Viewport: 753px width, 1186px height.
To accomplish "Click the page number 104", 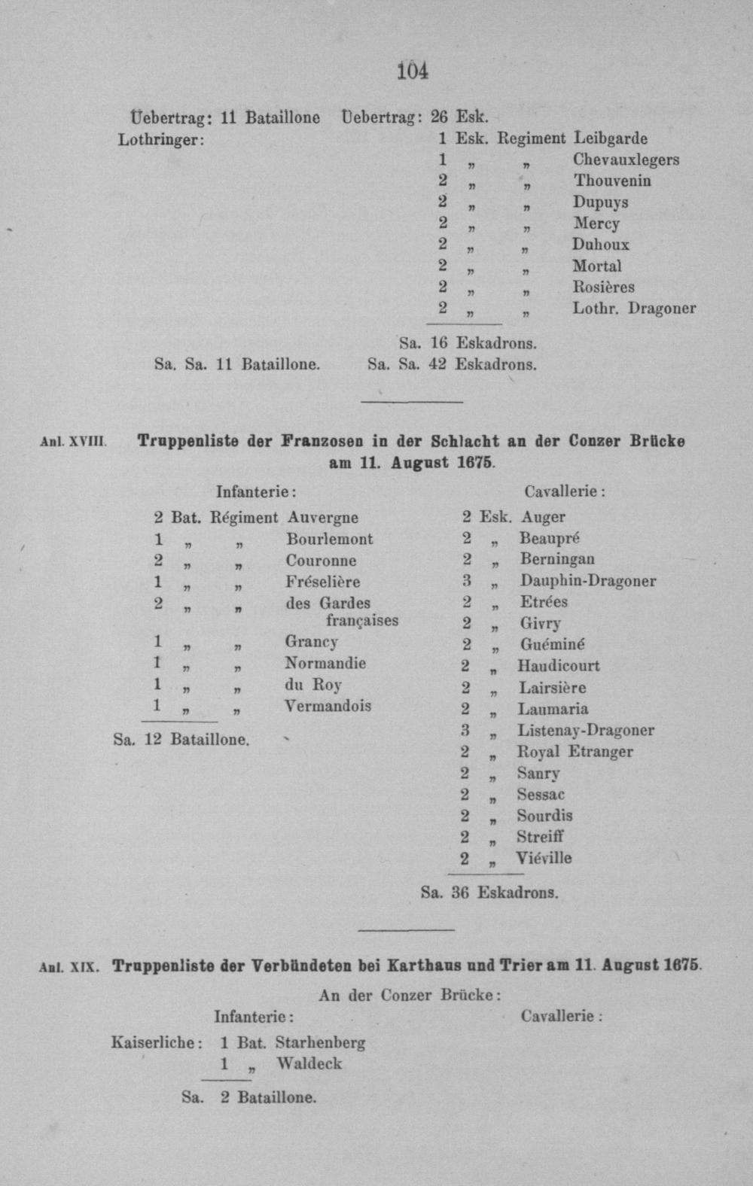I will point(413,71).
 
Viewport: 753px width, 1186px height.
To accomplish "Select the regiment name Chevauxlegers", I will point(626,160).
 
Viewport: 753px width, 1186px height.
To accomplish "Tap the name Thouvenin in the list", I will point(612,181).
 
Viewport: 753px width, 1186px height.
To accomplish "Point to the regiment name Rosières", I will point(603,287).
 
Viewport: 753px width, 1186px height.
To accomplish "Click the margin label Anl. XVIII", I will point(72,442).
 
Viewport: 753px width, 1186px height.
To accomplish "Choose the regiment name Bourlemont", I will point(329,539).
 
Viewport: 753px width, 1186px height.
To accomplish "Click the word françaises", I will point(361,621).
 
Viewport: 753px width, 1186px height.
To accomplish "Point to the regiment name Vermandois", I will point(328,706).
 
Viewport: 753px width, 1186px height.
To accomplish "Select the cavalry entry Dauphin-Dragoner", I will point(587,581).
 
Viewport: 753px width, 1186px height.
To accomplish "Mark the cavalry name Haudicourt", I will point(558,666).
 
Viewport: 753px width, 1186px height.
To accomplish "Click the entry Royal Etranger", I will point(575,751).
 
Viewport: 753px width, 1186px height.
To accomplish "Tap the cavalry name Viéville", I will point(544,858).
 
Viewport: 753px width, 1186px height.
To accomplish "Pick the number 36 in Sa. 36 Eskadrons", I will point(460,893).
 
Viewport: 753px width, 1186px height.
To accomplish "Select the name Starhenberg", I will point(320,1043).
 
